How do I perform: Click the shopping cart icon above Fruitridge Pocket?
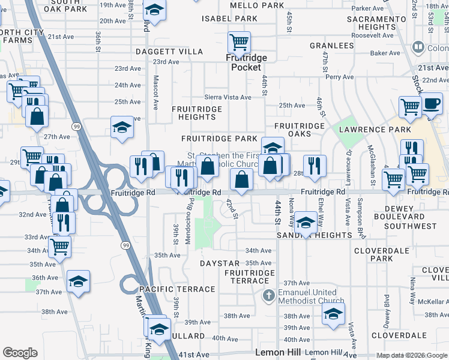pos(239,43)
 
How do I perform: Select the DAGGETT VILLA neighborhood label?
pos(169,52)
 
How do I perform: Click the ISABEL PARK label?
pos(230,19)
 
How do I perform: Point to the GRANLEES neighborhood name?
pos(331,46)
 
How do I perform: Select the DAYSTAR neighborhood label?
pos(220,263)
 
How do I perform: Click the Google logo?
pos(20,353)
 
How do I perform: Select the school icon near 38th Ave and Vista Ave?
pos(333,313)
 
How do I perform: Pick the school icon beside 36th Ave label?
pos(78,281)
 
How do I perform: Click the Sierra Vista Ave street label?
pos(228,97)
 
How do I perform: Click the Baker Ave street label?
pos(385,53)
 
